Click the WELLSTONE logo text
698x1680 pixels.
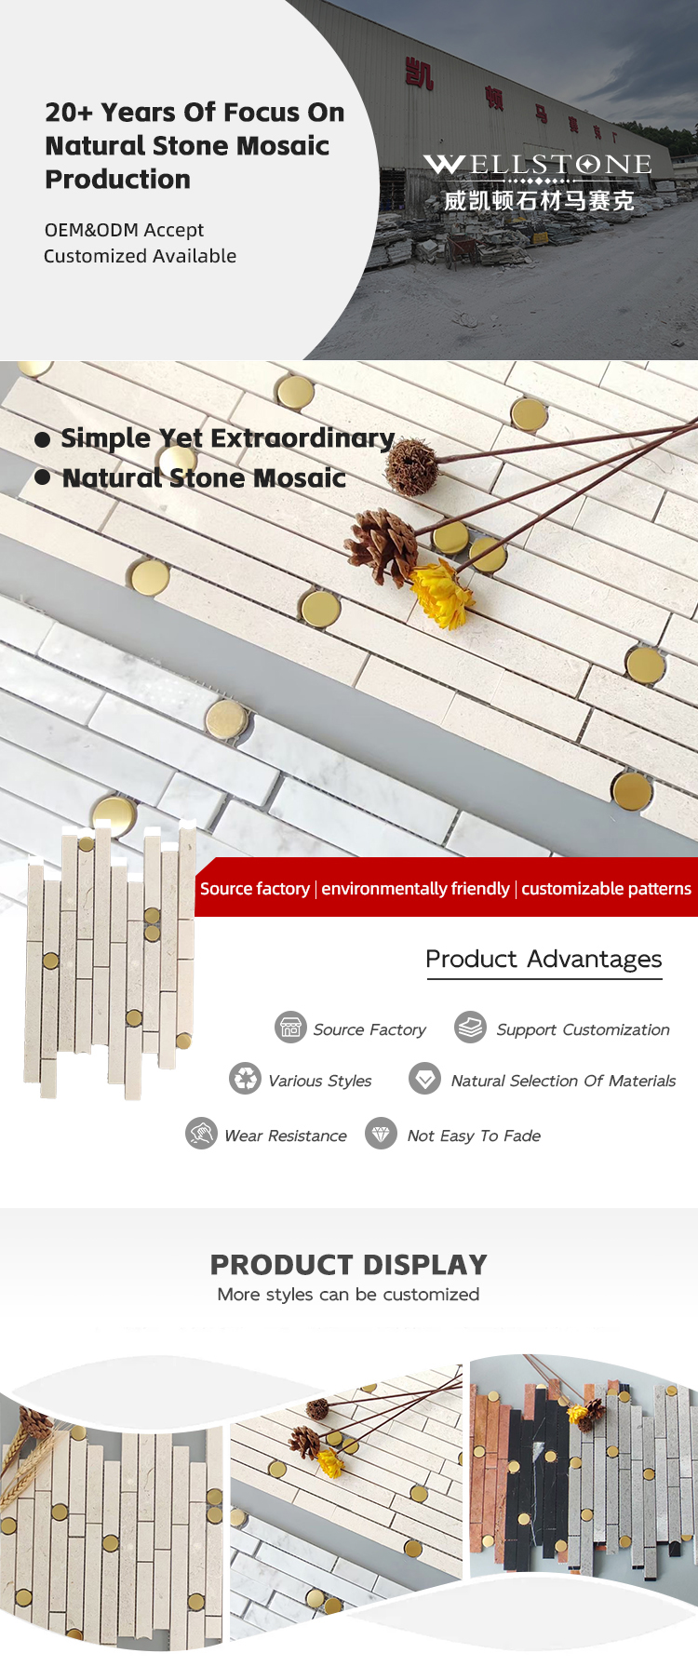coord(538,165)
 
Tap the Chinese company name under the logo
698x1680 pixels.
coord(539,200)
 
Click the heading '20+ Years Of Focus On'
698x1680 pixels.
coord(195,113)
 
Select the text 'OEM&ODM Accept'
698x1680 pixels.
coord(124,230)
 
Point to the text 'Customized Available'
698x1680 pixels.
coord(140,256)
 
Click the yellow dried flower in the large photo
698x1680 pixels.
coord(440,594)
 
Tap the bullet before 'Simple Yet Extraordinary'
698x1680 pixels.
coord(43,439)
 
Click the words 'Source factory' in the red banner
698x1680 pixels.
coord(255,889)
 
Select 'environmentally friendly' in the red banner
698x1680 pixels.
coord(415,889)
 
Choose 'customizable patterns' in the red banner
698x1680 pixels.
coord(606,889)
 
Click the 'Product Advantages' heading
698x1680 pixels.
coord(544,959)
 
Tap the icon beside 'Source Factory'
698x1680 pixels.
coord(290,1028)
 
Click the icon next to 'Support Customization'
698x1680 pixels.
coord(470,1028)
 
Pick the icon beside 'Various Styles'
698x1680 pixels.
coord(245,1079)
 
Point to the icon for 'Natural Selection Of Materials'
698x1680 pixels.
coord(425,1079)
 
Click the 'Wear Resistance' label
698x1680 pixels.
coord(286,1136)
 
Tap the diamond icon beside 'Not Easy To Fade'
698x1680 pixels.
coord(381,1134)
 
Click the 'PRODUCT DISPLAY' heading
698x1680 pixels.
coord(349,1265)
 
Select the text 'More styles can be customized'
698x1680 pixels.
coord(348,1295)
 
